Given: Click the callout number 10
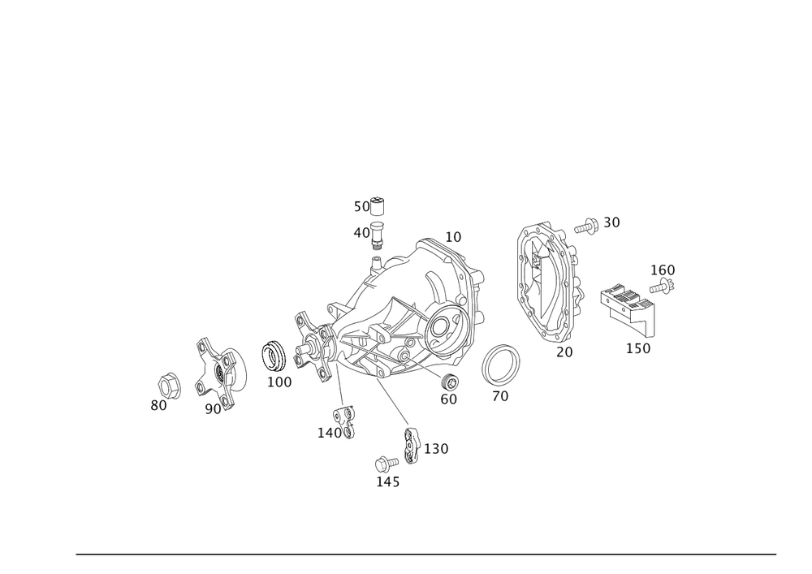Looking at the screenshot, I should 453,237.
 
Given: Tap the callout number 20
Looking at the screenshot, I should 564,352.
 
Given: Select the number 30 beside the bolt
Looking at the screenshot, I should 611,222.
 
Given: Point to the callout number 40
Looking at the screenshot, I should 361,232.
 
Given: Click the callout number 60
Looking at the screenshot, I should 448,399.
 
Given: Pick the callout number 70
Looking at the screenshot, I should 500,397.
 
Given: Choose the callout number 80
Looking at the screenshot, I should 158,404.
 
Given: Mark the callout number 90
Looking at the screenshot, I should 214,409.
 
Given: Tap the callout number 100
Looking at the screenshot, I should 279,381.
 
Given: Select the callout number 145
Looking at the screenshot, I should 387,482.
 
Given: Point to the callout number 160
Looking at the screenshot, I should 663,270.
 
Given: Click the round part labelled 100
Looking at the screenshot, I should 274,354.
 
